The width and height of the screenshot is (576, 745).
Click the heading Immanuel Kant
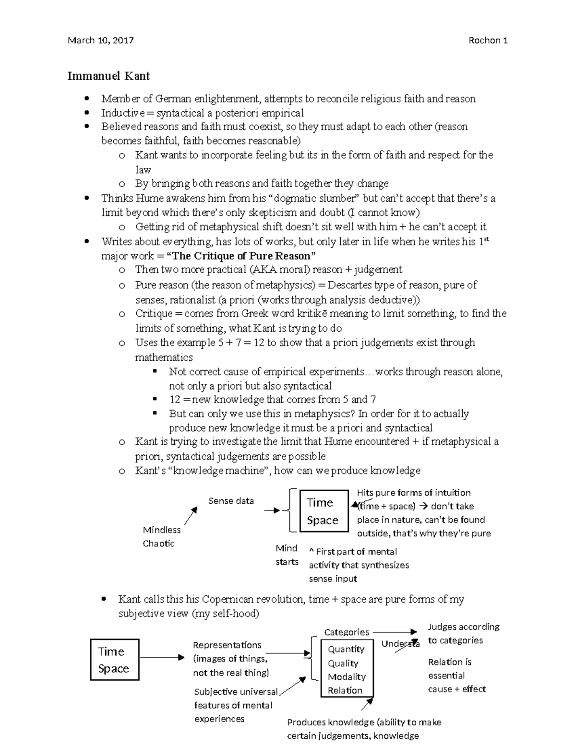coord(108,76)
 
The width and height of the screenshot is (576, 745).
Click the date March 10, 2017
coord(101,40)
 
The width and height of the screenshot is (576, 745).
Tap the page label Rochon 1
coord(488,40)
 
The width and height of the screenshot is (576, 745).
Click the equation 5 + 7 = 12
coord(241,343)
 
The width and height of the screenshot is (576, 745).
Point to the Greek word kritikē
coord(300,314)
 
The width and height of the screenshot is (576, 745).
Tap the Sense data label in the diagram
coord(231,501)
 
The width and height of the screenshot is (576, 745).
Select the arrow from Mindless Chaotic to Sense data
coord(191,516)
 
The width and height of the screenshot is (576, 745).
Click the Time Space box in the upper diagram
coord(324,511)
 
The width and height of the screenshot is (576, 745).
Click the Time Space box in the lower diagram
coord(114,660)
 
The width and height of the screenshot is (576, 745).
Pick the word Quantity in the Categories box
coord(346,649)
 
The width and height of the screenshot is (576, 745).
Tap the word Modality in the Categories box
coord(347,677)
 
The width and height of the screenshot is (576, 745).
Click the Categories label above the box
coord(346,632)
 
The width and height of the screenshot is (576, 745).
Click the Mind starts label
coord(287,555)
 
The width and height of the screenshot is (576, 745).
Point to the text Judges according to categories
coord(463,633)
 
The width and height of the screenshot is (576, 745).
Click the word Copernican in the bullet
coord(227,599)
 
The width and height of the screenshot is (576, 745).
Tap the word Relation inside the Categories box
coord(345,690)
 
